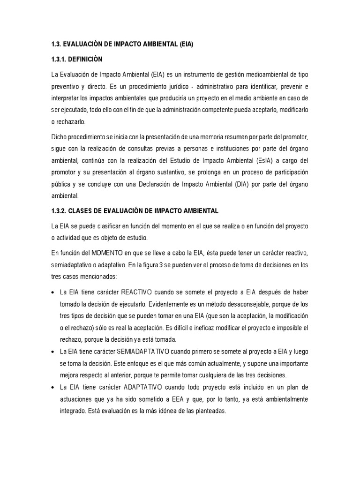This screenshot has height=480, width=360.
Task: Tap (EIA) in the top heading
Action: [x=183, y=44]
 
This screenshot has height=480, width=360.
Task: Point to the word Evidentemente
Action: [x=171, y=304]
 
